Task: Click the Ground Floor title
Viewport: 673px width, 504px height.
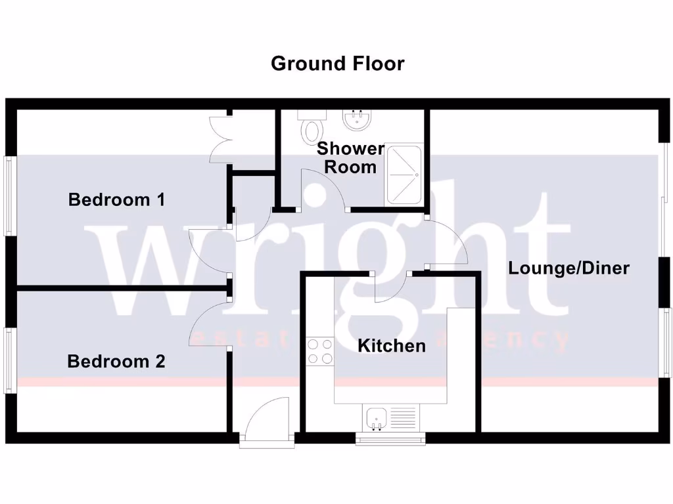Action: coord(337,64)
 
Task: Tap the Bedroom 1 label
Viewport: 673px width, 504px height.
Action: coord(116,199)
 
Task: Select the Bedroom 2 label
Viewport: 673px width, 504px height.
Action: coord(116,361)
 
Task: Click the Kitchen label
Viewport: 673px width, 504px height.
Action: coord(391,345)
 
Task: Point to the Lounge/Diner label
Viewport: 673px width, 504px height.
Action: coord(569,268)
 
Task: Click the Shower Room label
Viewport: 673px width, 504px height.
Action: coord(350,157)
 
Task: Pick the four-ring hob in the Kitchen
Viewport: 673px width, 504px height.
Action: coord(320,350)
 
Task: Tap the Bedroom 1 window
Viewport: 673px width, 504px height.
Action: coord(10,196)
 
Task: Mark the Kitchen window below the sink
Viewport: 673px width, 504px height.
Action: coord(390,438)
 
